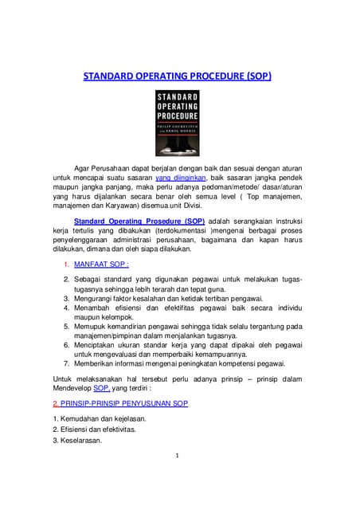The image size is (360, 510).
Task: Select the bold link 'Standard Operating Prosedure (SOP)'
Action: point(139,220)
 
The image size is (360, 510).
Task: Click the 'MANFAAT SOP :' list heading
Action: point(101,263)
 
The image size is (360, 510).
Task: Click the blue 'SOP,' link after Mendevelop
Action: point(102,387)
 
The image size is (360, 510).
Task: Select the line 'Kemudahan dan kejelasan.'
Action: point(104,418)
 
